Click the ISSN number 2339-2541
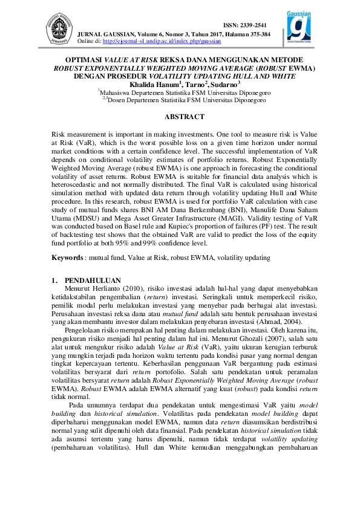pyautogui.click(x=245, y=25)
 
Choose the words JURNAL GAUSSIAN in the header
pyautogui.click(x=105, y=34)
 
